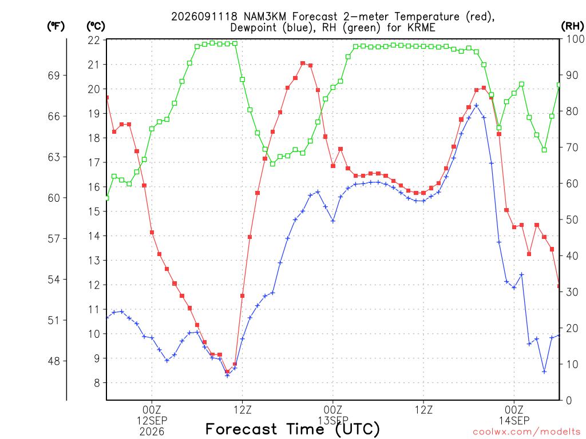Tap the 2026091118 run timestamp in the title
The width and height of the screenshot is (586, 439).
tap(204, 17)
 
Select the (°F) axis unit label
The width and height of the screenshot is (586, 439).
tap(56, 26)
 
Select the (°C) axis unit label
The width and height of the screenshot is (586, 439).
tap(96, 26)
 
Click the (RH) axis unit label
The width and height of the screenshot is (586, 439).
tap(572, 26)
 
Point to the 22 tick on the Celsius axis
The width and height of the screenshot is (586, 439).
tap(94, 41)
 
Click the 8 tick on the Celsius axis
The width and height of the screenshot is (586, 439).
tap(97, 383)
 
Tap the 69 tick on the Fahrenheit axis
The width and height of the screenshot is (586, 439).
tap(54, 75)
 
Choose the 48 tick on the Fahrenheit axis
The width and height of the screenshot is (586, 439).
tap(54, 361)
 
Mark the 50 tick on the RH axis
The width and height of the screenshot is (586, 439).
tap(572, 219)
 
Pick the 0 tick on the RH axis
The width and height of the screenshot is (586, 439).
tap(569, 401)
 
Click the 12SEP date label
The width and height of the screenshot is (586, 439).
tap(152, 421)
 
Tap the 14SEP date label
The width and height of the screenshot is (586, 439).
tap(514, 421)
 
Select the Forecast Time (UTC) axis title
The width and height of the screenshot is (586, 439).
tap(292, 429)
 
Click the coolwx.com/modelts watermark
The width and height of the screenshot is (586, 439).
tap(526, 432)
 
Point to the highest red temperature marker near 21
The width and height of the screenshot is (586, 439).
tap(303, 63)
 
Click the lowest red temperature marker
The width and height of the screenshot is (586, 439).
tap(227, 372)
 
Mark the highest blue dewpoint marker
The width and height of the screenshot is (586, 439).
tap(476, 106)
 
